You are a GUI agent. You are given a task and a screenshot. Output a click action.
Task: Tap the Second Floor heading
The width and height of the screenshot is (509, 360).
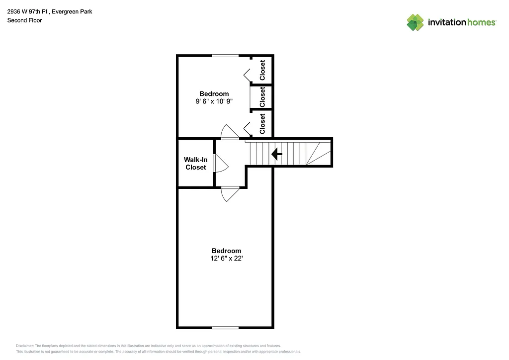[24, 20]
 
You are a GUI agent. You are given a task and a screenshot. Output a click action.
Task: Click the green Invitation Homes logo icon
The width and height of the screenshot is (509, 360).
[415, 22]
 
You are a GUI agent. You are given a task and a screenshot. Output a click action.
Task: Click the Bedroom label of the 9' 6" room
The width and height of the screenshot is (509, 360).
[214, 93]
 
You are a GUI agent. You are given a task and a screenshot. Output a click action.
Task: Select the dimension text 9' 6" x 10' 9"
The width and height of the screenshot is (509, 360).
[214, 101]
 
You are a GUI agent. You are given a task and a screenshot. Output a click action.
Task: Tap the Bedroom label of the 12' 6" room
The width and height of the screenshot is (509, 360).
[226, 251]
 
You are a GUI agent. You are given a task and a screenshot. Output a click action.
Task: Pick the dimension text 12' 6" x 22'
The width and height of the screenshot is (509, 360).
[226, 259]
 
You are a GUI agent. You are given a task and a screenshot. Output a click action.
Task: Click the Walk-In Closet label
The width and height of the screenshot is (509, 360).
[196, 164]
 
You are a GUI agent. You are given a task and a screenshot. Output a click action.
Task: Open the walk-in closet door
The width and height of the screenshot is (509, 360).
[220, 163]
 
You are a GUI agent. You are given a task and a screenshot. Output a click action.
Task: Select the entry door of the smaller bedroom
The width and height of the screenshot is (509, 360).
[230, 133]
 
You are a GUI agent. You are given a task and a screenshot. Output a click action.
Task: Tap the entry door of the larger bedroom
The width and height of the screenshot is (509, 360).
[230, 193]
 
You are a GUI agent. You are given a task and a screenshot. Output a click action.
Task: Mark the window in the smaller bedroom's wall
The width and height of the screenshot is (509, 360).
[225, 56]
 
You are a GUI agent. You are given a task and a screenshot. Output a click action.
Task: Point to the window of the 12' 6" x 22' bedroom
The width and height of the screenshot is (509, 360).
[225, 327]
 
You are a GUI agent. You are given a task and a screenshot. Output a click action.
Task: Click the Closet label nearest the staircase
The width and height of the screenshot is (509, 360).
[262, 124]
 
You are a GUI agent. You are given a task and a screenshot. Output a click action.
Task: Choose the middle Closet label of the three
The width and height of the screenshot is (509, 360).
[262, 97]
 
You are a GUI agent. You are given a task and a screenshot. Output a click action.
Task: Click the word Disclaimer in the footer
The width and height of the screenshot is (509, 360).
[25, 346]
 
